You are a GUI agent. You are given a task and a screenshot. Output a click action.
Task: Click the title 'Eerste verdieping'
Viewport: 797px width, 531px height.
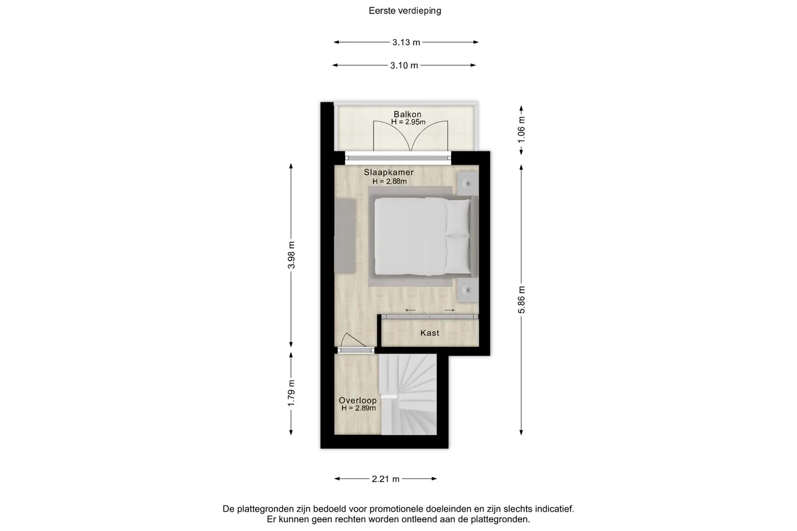coord(405,11)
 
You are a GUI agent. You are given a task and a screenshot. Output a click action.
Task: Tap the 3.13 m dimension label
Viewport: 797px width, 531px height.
coord(406,43)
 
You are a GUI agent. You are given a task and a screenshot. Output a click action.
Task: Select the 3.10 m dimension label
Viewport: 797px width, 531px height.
coord(404,65)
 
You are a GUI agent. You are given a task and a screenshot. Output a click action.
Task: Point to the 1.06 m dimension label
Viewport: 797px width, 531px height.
coord(521,130)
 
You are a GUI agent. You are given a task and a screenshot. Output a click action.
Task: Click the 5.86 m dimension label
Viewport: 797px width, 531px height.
coord(521,300)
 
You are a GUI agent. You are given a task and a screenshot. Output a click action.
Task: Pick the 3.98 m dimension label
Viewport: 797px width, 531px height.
coord(291,255)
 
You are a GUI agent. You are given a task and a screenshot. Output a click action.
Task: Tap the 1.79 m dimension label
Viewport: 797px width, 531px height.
coord(291,393)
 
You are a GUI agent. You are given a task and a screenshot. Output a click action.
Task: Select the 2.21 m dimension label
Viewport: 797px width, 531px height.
coord(386,479)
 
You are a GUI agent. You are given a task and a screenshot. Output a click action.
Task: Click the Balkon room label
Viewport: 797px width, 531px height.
coord(407,114)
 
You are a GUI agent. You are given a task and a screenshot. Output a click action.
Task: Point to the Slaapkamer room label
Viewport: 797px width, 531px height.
coord(389,172)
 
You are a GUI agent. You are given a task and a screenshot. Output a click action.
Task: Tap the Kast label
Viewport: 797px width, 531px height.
coord(430,333)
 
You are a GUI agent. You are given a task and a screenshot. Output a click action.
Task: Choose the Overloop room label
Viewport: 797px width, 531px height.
coord(358,400)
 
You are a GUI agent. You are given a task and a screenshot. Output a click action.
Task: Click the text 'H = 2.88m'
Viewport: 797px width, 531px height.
coord(390,181)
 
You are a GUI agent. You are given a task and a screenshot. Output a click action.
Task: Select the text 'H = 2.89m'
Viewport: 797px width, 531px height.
coord(359,408)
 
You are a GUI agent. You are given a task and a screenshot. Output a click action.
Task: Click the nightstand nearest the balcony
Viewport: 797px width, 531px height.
coord(468,184)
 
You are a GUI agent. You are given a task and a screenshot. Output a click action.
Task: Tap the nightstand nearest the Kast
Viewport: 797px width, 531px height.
coord(468,290)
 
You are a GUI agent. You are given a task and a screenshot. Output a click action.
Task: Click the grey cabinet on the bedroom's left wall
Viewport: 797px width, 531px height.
coord(345,236)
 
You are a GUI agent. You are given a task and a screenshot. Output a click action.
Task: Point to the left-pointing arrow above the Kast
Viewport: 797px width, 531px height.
coord(410,310)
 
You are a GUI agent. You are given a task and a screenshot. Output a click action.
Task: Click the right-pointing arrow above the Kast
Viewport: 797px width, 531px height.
coord(449,310)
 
